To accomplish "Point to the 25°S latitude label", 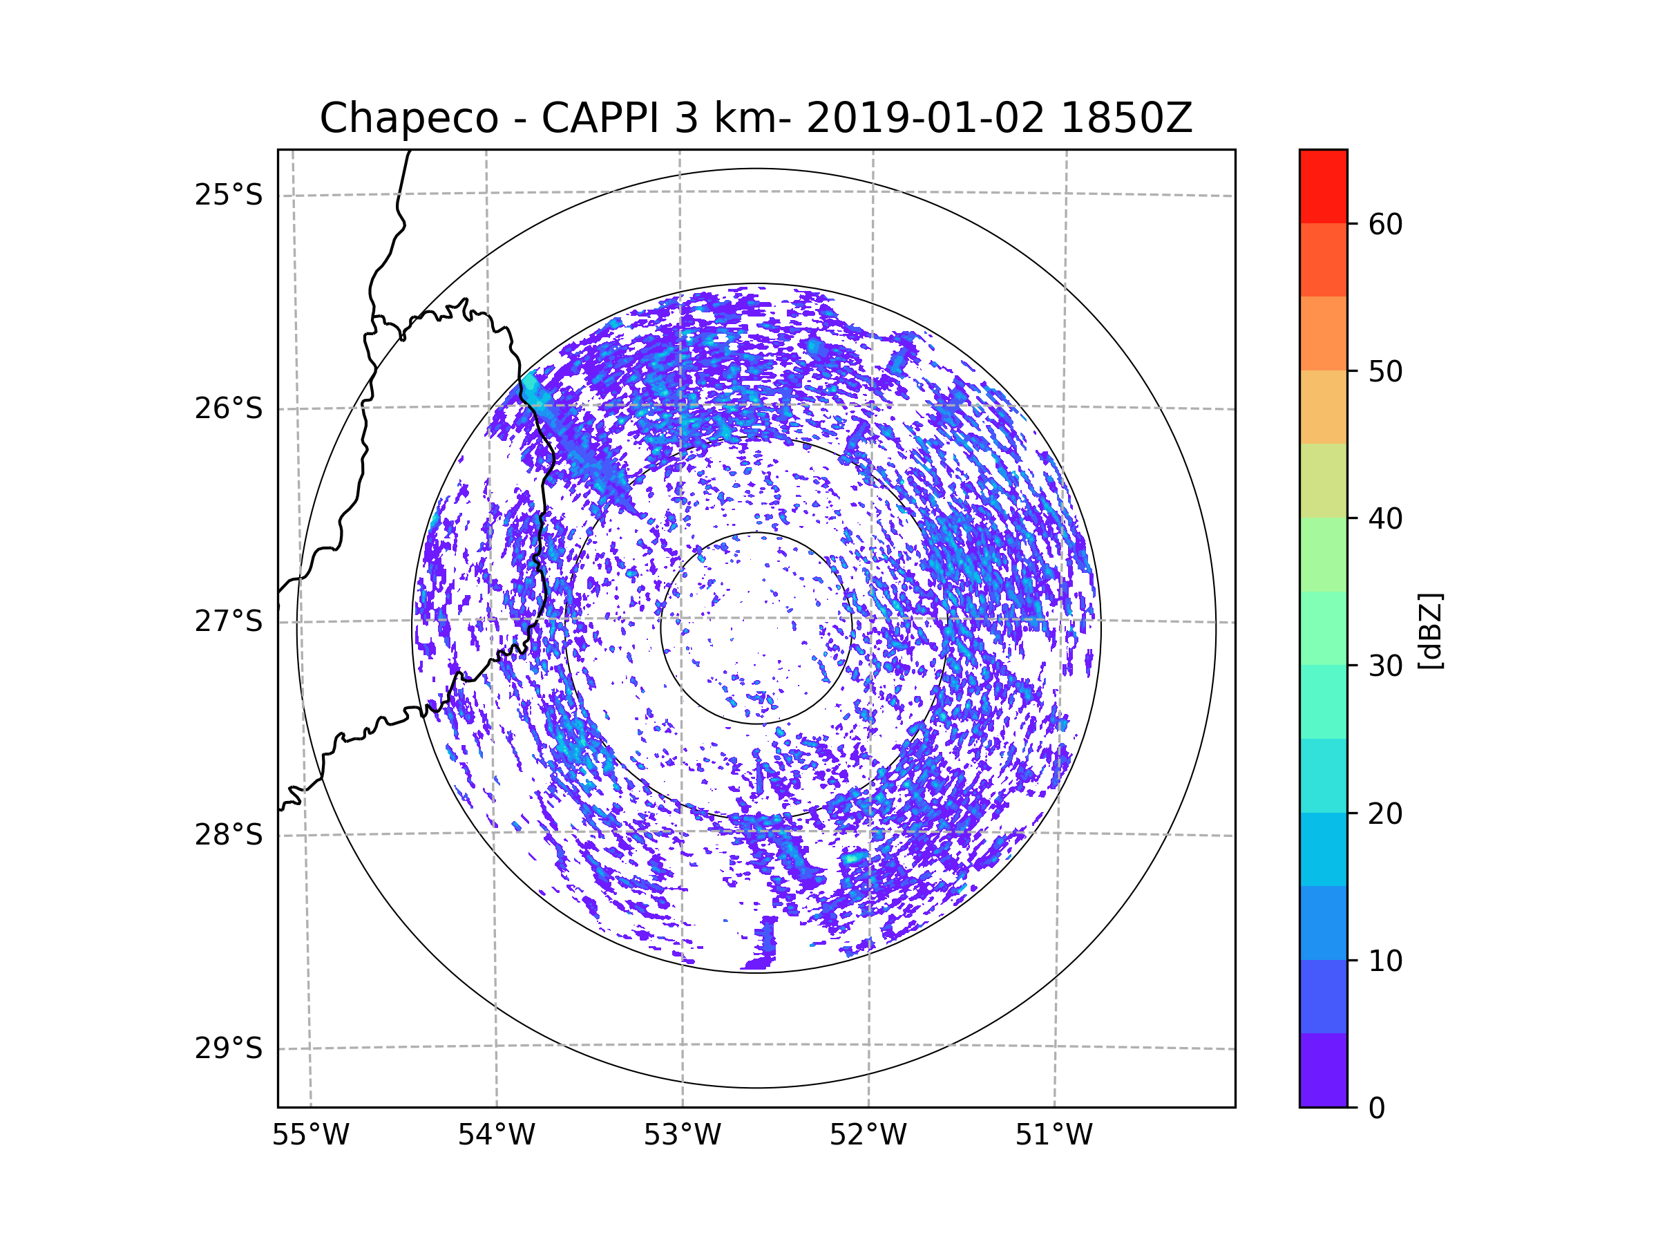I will pyautogui.click(x=229, y=195).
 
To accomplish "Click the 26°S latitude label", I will pyautogui.click(x=229, y=408).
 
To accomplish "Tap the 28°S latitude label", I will pyautogui.click(x=229, y=835).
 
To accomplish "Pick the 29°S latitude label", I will pyautogui.click(x=229, y=1048).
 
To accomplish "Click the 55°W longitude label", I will pyautogui.click(x=310, y=1135).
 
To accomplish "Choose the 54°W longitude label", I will pyautogui.click(x=496, y=1135).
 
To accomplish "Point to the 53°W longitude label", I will pyautogui.click(x=682, y=1135).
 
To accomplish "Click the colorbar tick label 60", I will pyautogui.click(x=1385, y=224).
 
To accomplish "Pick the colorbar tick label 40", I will pyautogui.click(x=1385, y=519).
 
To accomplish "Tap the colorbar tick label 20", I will pyautogui.click(x=1385, y=813).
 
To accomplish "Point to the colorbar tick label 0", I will pyautogui.click(x=1377, y=1109).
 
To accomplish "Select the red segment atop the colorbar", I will pyautogui.click(x=1323, y=186).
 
